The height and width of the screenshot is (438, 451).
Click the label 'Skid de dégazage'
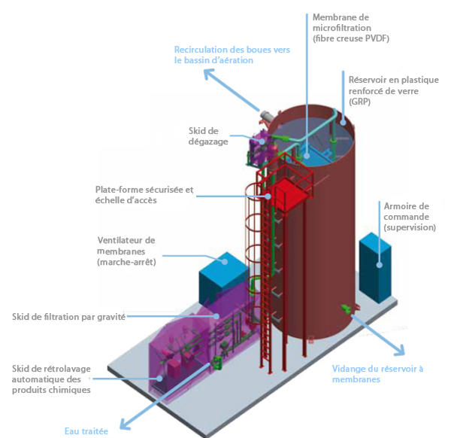[208, 136]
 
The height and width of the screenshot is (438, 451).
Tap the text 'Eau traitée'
[86, 431]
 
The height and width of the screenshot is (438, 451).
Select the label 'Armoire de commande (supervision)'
[410, 217]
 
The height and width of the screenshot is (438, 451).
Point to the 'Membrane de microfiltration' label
[350, 28]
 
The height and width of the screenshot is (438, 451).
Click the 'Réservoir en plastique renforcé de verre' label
[393, 91]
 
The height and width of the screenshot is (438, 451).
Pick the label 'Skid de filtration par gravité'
[68, 317]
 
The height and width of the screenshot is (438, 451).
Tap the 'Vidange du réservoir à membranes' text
[377, 374]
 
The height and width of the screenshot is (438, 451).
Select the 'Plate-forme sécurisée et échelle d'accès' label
[144, 195]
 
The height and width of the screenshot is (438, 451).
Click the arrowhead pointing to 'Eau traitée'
[125, 424]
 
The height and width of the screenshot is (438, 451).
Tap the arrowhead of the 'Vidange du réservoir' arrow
[400, 350]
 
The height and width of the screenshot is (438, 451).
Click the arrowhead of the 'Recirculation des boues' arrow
[209, 74]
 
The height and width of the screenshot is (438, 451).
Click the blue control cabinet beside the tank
[375, 268]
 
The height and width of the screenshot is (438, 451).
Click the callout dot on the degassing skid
[262, 141]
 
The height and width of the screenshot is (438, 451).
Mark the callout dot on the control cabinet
[380, 265]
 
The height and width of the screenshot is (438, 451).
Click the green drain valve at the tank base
[346, 309]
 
